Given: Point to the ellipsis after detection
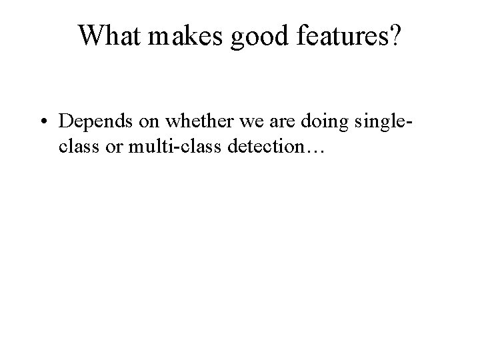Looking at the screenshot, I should pyautogui.click(x=315, y=152).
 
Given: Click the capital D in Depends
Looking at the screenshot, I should pyautogui.click(x=66, y=121).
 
